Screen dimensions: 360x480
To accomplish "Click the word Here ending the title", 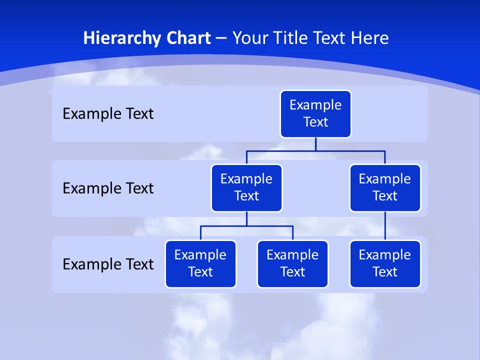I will click(369, 38).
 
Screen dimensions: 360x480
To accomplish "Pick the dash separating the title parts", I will click(221, 38).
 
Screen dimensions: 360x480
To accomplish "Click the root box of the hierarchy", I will click(315, 114).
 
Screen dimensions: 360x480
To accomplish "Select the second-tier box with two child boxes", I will click(246, 188).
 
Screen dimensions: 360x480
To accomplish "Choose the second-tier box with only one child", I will click(385, 188).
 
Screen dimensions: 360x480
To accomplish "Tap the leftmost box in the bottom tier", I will click(200, 264).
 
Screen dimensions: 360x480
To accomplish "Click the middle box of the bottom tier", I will click(292, 264).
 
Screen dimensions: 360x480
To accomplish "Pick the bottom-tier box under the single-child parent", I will click(385, 264).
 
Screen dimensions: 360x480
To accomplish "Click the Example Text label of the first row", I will click(108, 114).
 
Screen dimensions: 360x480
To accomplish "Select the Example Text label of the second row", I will click(108, 188).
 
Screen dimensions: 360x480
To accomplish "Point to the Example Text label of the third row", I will click(108, 264).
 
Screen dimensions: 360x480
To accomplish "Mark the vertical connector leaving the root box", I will click(315, 144).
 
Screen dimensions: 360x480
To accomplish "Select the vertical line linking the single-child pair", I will click(385, 226).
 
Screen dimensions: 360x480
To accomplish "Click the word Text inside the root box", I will click(315, 122).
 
